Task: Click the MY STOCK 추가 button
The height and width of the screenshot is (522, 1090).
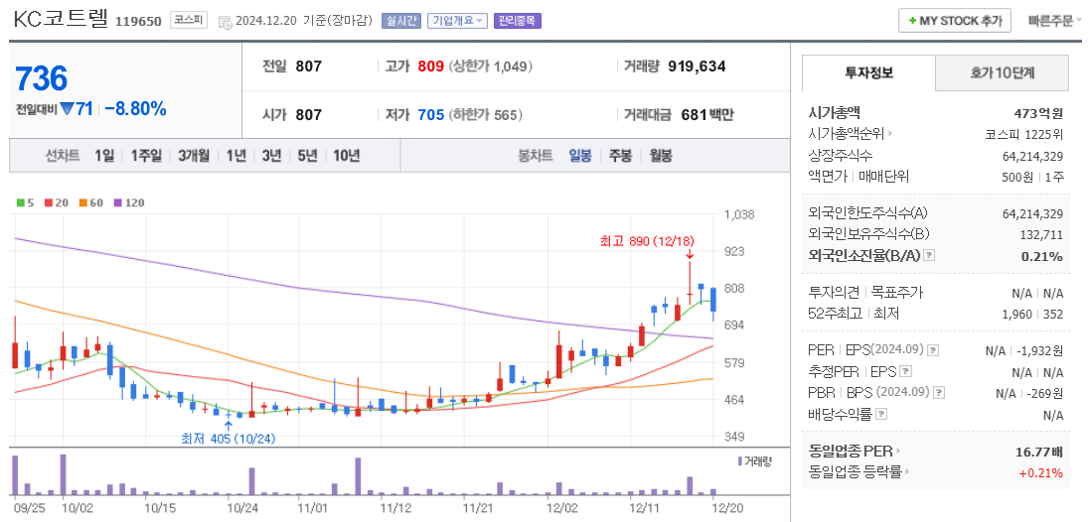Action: [x=954, y=20]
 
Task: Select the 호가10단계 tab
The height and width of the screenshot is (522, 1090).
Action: [x=1002, y=72]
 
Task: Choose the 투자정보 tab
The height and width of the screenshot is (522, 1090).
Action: [x=868, y=72]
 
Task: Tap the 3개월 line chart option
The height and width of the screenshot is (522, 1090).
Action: [x=194, y=156]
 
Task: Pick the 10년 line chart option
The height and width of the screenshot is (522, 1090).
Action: [x=347, y=156]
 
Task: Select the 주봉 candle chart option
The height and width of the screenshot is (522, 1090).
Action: [x=620, y=156]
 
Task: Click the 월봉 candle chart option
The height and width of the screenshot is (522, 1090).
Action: [x=661, y=156]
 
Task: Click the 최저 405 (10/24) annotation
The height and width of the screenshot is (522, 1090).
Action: [x=228, y=439]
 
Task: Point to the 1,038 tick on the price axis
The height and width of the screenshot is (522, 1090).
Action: [x=740, y=214]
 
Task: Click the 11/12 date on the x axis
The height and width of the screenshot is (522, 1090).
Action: [x=395, y=507]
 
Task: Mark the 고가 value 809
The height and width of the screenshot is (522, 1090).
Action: [x=430, y=66]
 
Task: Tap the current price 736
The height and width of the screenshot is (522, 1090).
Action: [x=42, y=78]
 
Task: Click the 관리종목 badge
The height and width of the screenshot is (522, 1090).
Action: [x=518, y=21]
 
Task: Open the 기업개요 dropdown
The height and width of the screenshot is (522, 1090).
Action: [x=458, y=21]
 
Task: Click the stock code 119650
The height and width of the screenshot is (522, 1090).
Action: [x=138, y=21]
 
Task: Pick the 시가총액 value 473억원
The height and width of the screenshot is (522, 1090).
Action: [x=1037, y=113]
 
